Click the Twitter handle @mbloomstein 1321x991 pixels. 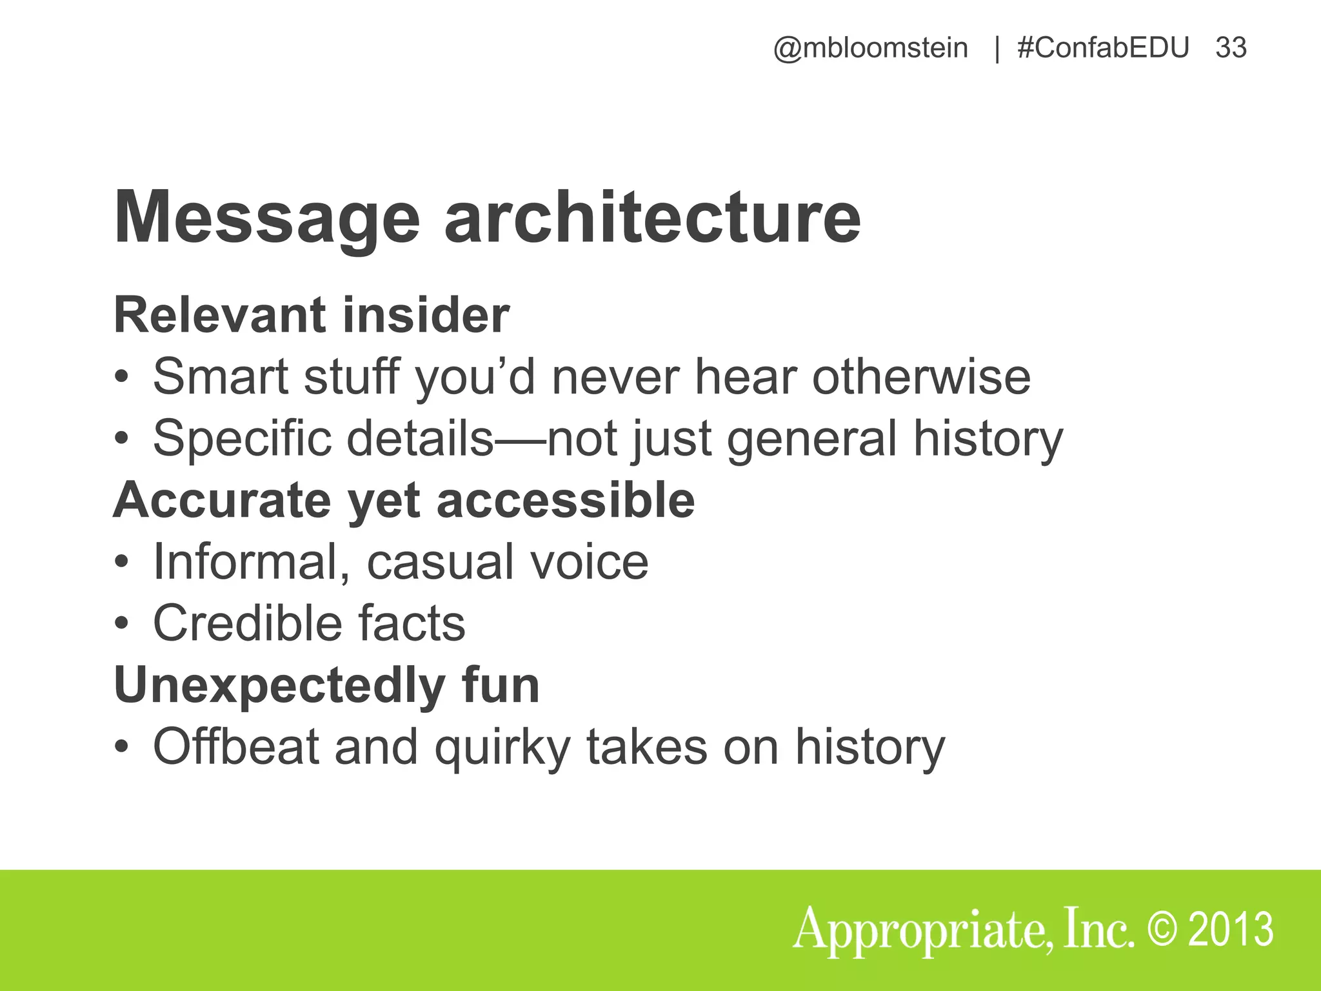pyautogui.click(x=870, y=48)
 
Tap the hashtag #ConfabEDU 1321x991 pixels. pyautogui.click(x=1103, y=48)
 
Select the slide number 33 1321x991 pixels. pyautogui.click(x=1231, y=48)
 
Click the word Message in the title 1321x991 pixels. pyautogui.click(x=266, y=218)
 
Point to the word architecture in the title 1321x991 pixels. pyautogui.click(x=652, y=218)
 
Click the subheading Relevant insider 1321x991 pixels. pyautogui.click(x=312, y=315)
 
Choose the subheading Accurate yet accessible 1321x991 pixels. pyautogui.click(x=404, y=501)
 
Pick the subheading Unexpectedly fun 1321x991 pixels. pyautogui.click(x=326, y=685)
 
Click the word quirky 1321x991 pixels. pyautogui.click(x=502, y=748)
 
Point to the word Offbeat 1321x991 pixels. pyautogui.click(x=236, y=746)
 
